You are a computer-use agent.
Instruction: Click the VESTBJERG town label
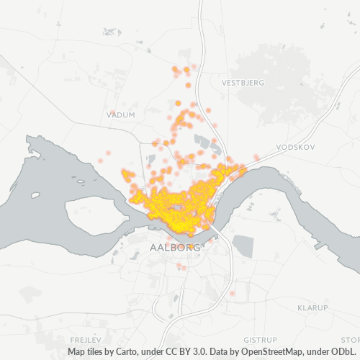pos(244,83)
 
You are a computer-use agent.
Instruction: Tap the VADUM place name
pos(120,114)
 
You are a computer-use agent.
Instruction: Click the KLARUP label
pos(312,307)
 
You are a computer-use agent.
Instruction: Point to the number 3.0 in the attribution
pos(207,352)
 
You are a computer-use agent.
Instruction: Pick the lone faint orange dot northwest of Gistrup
pos(232,294)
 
